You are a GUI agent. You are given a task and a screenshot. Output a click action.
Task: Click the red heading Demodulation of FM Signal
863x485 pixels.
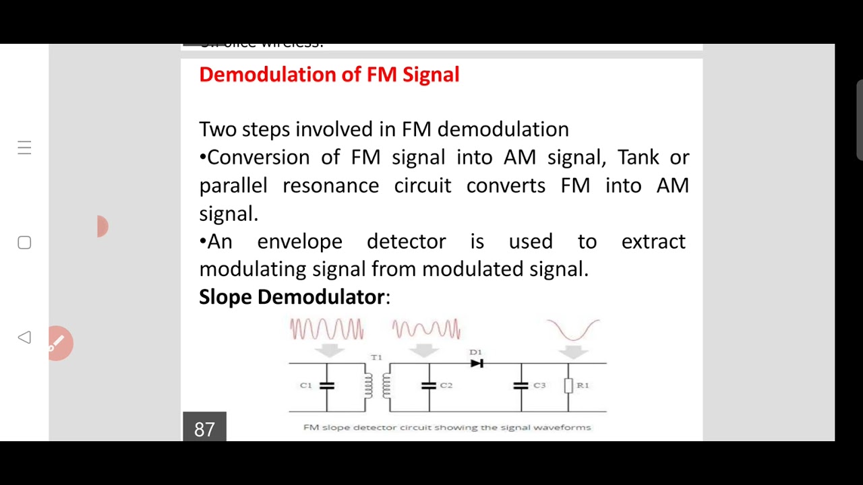click(x=329, y=74)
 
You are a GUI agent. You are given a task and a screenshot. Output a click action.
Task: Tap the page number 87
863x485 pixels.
click(x=204, y=429)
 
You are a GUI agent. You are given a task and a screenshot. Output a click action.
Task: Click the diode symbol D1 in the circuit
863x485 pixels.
click(x=477, y=364)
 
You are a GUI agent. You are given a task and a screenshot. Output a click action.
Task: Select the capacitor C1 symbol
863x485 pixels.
click(x=327, y=386)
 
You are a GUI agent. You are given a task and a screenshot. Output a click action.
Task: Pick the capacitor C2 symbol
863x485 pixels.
click(x=429, y=386)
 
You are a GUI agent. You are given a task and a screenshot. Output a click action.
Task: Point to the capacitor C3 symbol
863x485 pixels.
click(x=520, y=386)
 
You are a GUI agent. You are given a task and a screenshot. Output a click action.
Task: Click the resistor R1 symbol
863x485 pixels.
click(x=568, y=385)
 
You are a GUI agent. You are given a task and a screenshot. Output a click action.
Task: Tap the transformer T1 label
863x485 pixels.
click(x=376, y=357)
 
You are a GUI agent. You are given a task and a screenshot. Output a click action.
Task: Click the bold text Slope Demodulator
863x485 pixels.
click(x=291, y=297)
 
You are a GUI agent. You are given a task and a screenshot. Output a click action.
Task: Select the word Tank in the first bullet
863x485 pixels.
click(x=638, y=158)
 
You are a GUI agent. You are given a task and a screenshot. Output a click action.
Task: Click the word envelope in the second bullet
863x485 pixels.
click(x=299, y=242)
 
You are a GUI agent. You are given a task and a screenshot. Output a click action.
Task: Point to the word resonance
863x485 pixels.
click(x=330, y=186)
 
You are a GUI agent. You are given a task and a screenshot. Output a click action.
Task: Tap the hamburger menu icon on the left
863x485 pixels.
click(x=24, y=148)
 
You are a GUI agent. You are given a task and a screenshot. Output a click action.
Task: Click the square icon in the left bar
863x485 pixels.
click(x=24, y=243)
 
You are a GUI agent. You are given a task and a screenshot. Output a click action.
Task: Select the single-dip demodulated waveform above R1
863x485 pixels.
click(x=573, y=330)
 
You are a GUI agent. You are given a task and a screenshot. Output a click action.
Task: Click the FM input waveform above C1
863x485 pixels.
click(x=327, y=329)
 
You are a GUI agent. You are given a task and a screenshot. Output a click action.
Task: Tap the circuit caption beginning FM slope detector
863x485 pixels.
click(x=447, y=427)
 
